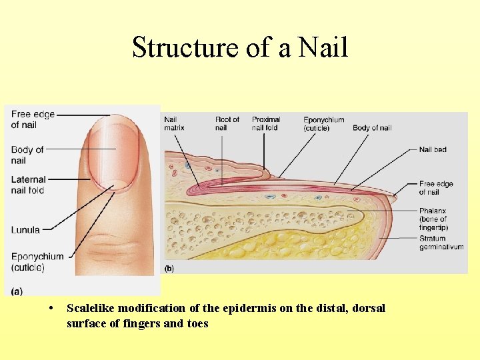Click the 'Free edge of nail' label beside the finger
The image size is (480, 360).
pos(33,119)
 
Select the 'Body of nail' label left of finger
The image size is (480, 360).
pos(27,155)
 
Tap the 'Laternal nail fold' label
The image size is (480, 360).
pos(28,185)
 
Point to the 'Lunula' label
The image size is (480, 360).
pos(25,230)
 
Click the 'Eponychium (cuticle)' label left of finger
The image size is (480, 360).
pos(37,262)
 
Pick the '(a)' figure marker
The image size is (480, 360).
pos(17,291)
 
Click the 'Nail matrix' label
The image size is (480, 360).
pos(174,124)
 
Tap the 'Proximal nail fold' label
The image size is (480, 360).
pos(265,124)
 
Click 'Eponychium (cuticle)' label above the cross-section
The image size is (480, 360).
pos(323,124)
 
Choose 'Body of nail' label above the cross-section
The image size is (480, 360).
pos(372,128)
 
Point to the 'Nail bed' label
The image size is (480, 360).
pos(433,149)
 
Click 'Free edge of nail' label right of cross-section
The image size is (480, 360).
pos(436,188)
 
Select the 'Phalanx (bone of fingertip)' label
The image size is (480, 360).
pos(433,218)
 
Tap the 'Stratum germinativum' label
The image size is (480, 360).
pos(441,243)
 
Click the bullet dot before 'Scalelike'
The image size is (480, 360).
pos(52,308)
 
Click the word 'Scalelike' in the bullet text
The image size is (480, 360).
pos(93,308)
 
